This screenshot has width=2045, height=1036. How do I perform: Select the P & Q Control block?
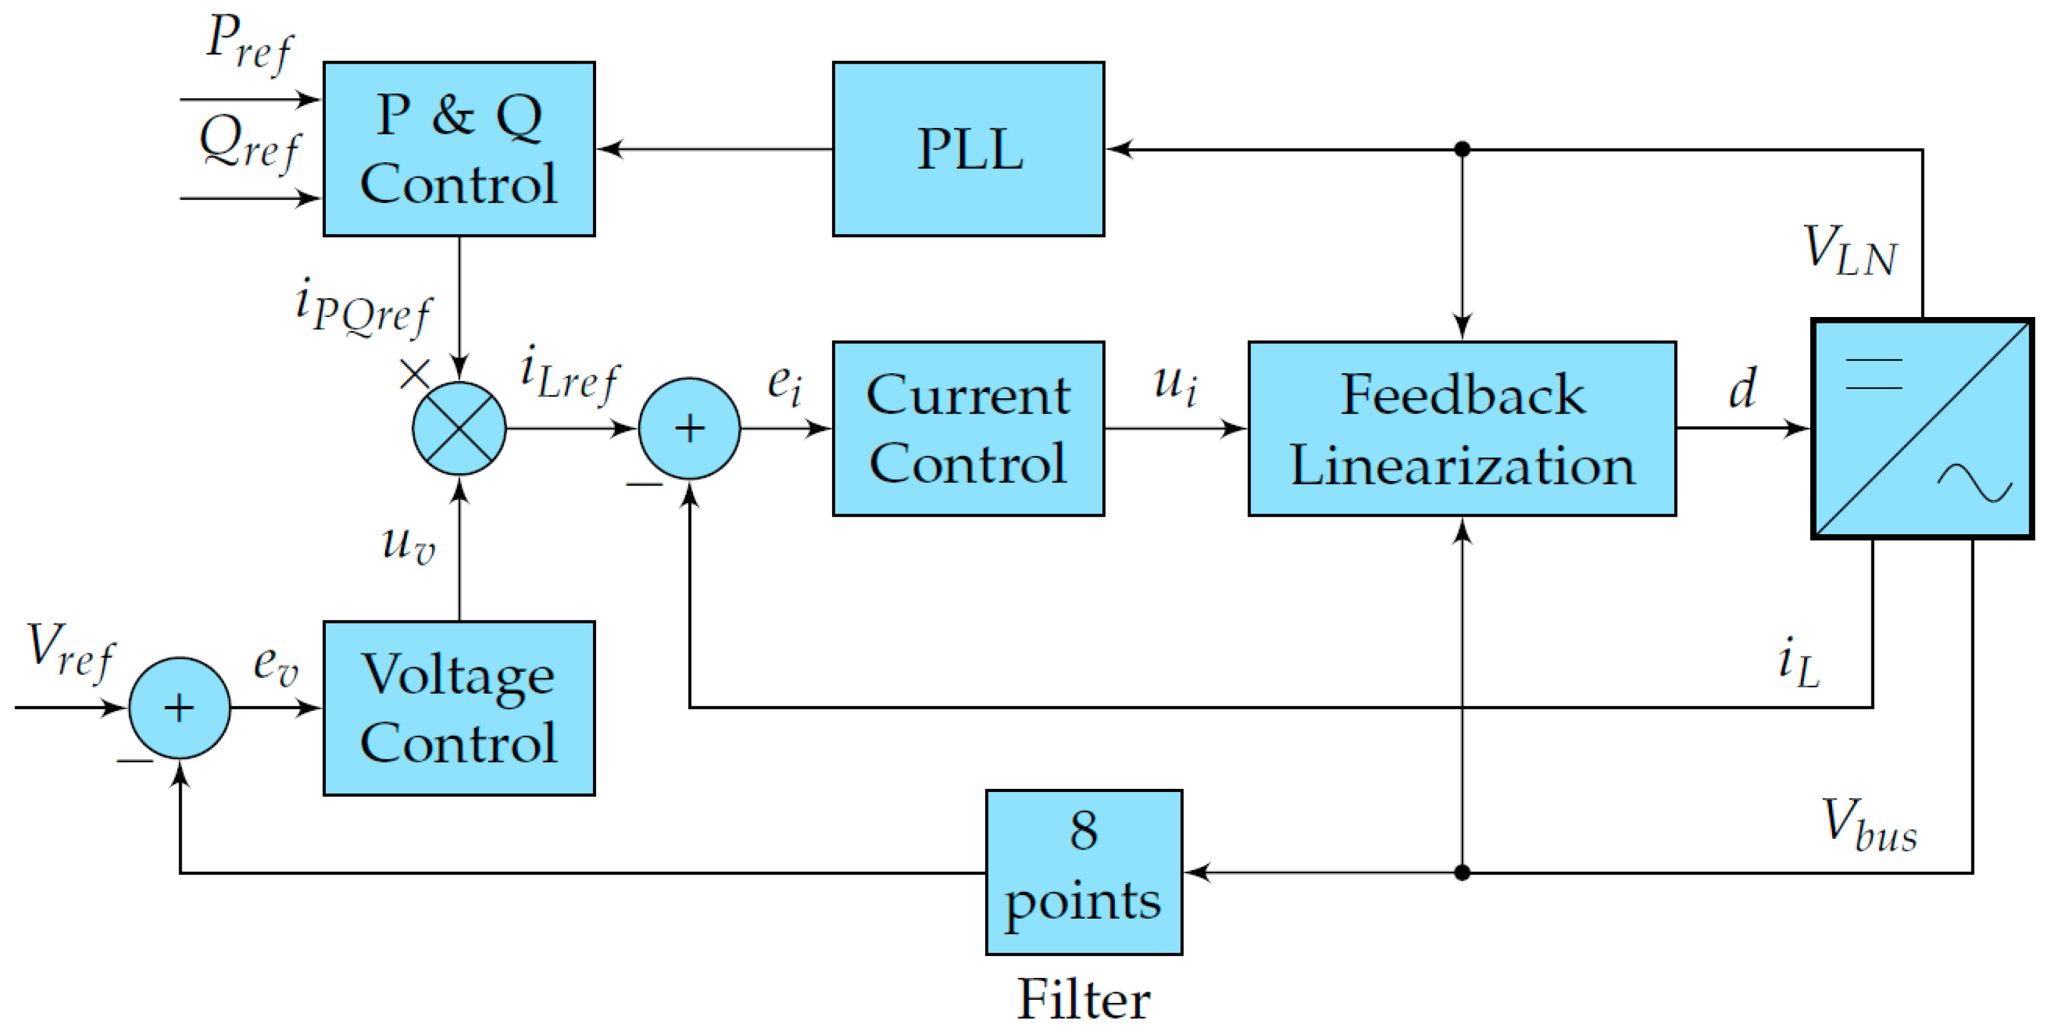(459, 149)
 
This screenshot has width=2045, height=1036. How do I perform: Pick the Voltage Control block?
(459, 708)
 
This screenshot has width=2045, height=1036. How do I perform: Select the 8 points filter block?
(1084, 872)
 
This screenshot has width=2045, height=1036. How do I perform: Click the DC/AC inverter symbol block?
(1921, 429)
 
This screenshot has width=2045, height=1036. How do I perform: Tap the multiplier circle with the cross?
(459, 429)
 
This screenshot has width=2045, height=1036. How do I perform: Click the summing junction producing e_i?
(689, 429)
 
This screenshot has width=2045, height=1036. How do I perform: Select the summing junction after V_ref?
(179, 708)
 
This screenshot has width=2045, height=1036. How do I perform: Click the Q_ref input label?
(248, 143)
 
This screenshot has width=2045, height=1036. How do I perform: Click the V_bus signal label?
(1869, 826)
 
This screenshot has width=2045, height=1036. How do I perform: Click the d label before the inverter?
(1742, 389)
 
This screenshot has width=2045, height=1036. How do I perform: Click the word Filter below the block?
(1084, 999)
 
